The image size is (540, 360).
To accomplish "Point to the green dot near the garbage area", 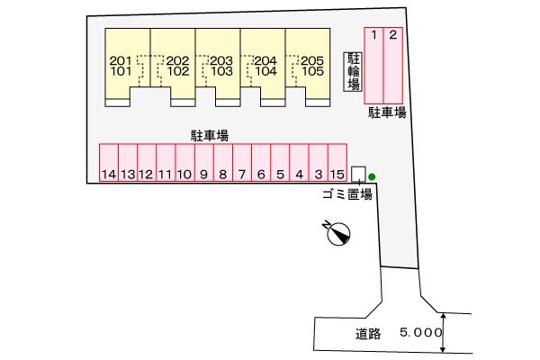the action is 372,176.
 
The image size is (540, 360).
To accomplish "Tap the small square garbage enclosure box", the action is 358,173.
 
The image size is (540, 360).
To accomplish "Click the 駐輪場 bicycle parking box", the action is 354,71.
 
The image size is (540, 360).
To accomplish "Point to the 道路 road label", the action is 366,333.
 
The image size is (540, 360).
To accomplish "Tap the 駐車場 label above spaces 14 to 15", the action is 208,134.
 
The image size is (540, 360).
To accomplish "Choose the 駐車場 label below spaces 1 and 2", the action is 387,113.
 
